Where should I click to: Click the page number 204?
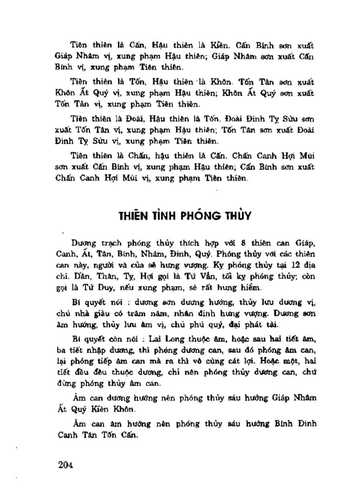click(x=65, y=465)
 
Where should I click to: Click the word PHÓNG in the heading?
click(x=196, y=216)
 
